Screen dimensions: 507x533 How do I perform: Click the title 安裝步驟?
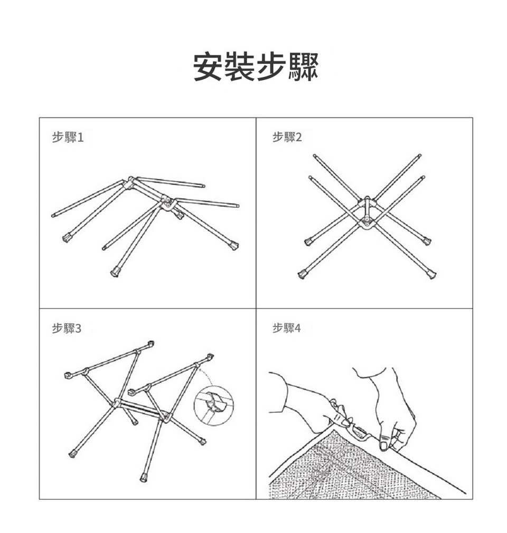(x=256, y=67)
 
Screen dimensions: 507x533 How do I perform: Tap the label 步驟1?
(x=68, y=137)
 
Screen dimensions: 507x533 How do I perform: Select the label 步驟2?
(x=287, y=137)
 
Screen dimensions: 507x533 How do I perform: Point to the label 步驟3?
(x=67, y=328)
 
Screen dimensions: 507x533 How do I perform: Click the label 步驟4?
(x=287, y=328)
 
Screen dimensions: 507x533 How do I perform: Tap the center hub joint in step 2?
(x=367, y=213)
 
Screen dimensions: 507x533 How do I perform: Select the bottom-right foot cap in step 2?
(x=431, y=274)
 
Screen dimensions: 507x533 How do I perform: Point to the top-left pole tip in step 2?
(x=315, y=156)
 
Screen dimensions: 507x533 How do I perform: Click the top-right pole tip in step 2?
(x=419, y=156)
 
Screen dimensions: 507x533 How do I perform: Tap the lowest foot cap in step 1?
(x=116, y=272)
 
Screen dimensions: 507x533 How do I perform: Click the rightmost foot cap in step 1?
(x=234, y=245)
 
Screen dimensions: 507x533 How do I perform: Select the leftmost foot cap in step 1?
(x=67, y=238)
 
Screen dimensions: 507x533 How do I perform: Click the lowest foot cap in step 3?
(x=144, y=477)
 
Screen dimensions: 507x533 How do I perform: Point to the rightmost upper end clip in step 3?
(x=210, y=357)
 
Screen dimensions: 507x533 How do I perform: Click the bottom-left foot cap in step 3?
(x=72, y=454)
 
